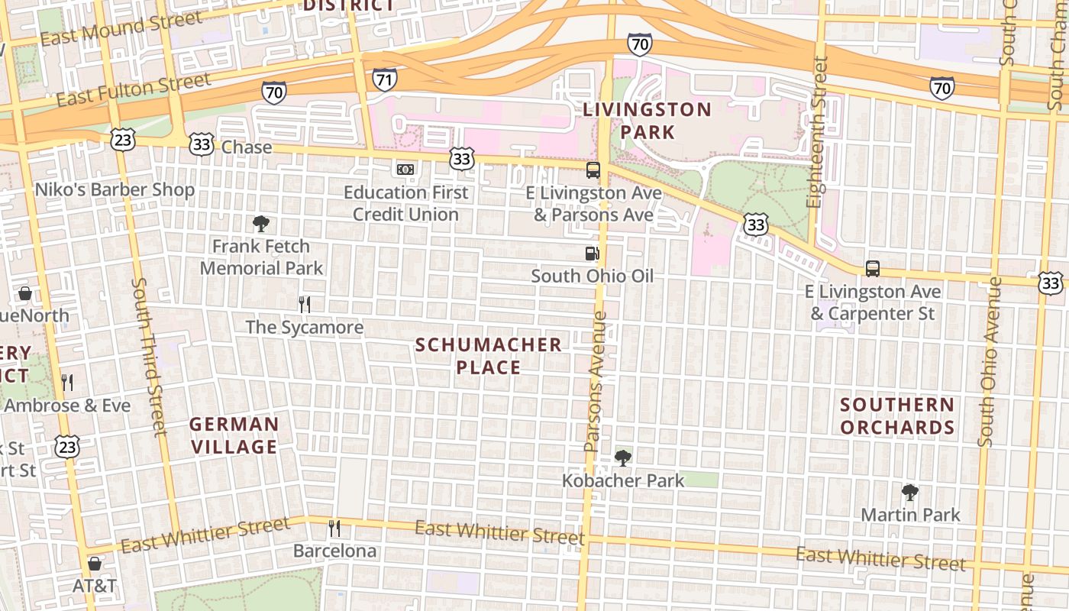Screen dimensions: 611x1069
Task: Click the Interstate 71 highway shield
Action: coord(385,79)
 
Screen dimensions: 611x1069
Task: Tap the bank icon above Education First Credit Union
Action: coord(405,169)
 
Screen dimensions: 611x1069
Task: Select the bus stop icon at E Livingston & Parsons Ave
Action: coord(593,170)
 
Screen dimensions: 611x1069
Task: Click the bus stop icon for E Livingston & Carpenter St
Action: coord(872,269)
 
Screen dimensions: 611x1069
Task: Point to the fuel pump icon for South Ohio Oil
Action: coord(592,254)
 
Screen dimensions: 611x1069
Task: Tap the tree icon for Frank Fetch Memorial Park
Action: coord(261,224)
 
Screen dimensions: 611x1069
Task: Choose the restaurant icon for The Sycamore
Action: coord(304,305)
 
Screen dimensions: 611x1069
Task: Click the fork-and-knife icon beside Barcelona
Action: coord(334,528)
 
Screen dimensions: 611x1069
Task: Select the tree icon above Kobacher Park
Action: coord(623,458)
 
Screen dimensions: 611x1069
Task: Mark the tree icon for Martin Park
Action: coord(909,492)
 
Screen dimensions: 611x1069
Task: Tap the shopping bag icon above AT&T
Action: coord(95,564)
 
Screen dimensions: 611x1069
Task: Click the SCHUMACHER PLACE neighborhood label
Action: coord(489,356)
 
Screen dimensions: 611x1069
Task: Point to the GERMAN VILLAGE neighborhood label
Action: coord(234,435)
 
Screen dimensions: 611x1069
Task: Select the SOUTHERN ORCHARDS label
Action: coord(897,415)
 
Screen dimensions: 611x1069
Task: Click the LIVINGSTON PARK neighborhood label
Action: coord(647,121)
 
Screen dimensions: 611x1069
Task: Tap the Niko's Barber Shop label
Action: coord(115,189)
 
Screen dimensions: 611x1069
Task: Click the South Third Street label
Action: coord(149,356)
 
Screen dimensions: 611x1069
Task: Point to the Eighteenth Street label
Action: coord(817,131)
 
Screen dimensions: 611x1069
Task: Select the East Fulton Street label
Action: coord(133,90)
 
